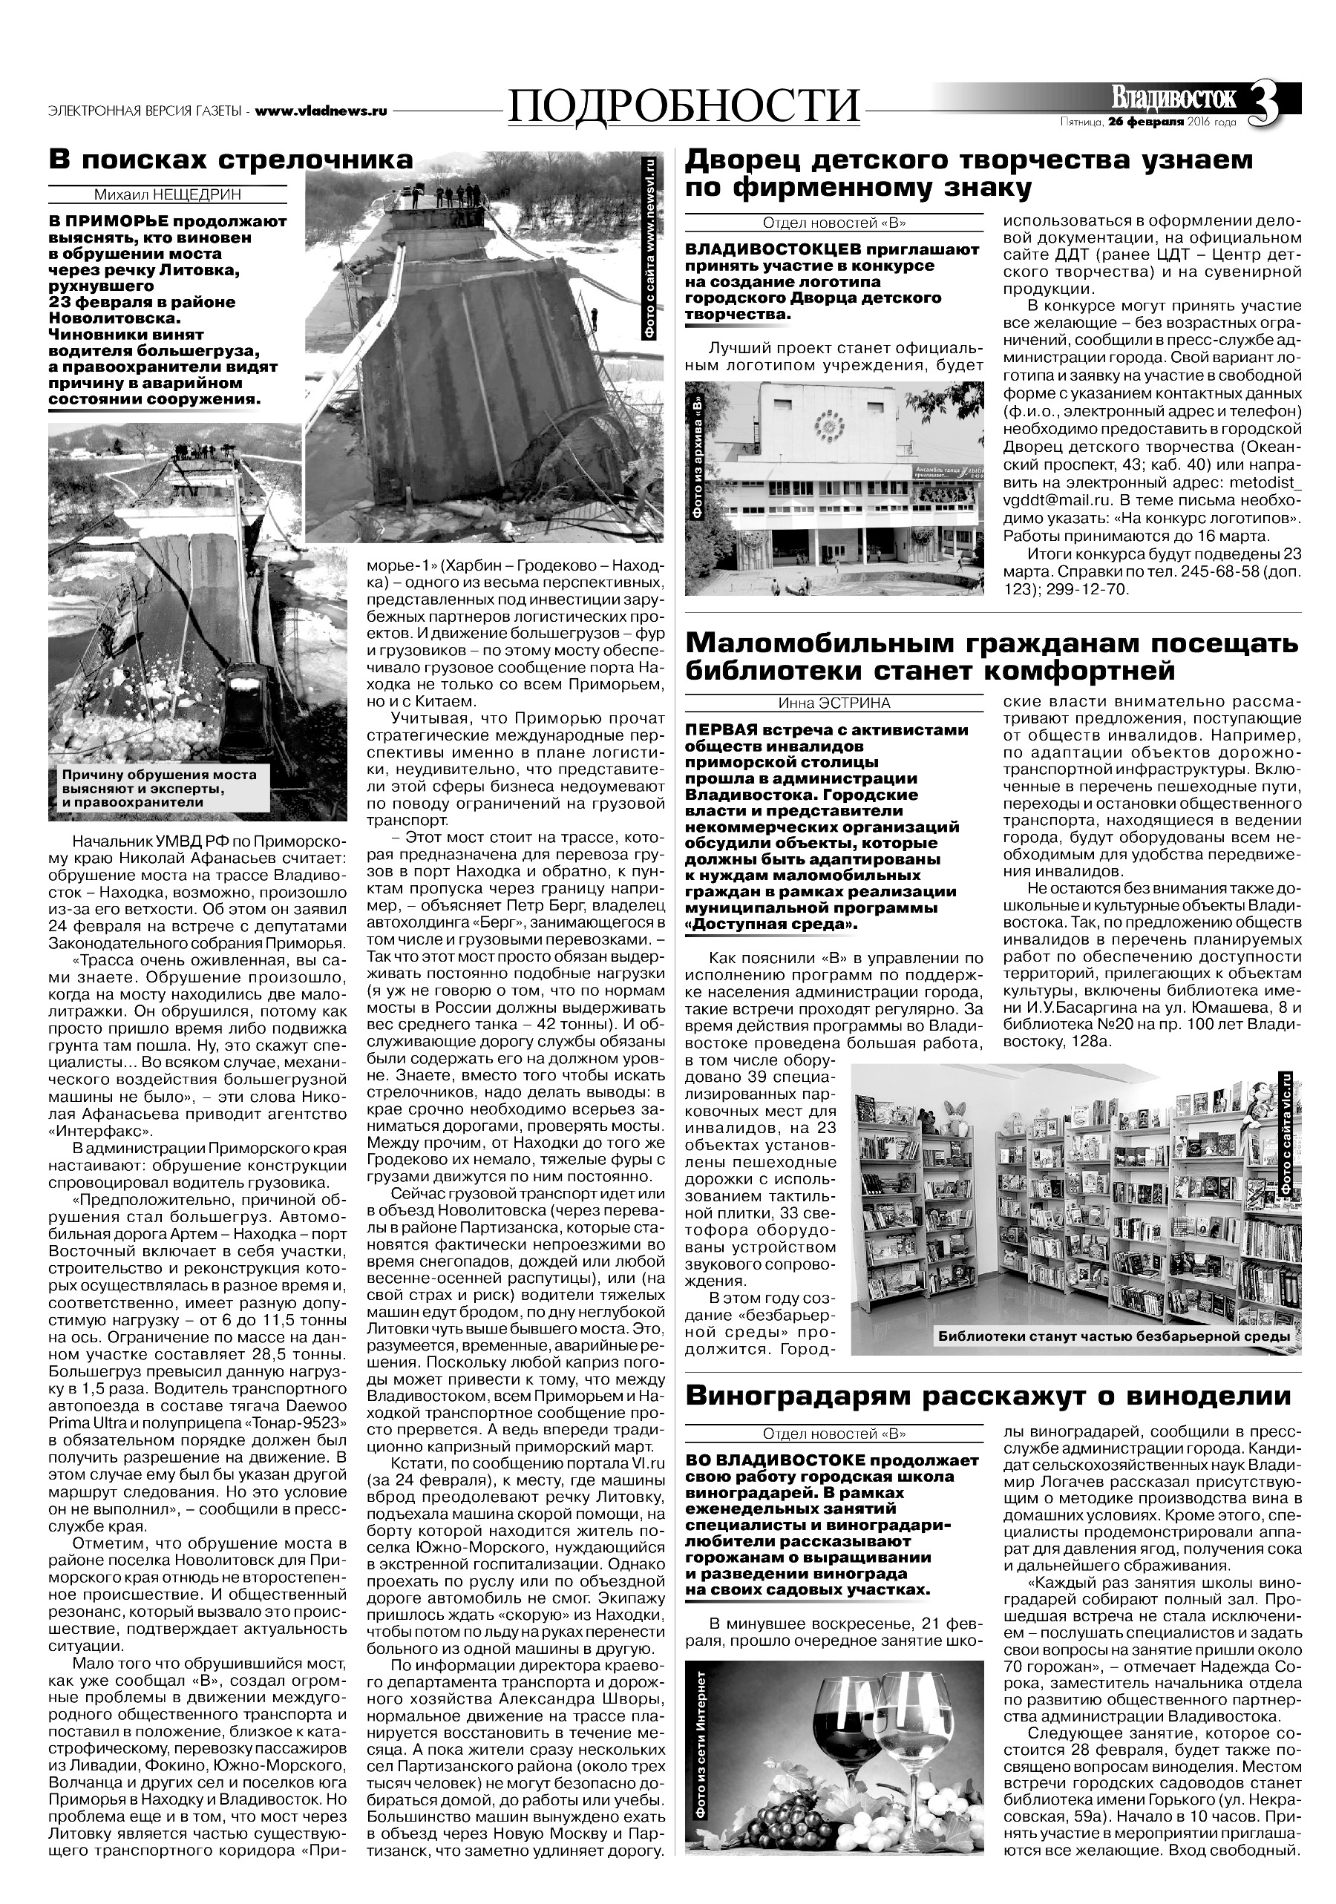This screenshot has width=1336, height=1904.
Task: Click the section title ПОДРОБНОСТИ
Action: (x=684, y=107)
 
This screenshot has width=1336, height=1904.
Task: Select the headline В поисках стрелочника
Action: (x=231, y=158)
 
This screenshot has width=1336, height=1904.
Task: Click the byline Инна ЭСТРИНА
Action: (x=834, y=703)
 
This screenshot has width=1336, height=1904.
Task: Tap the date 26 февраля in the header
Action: (x=1142, y=122)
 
